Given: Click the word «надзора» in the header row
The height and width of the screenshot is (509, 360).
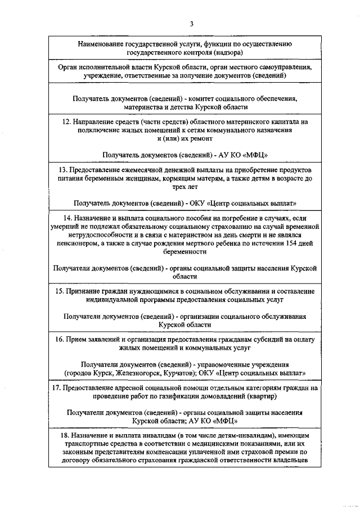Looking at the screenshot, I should pyautogui.click(x=228, y=52).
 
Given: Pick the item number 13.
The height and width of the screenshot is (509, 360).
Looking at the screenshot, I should pyautogui.click(x=62, y=170).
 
